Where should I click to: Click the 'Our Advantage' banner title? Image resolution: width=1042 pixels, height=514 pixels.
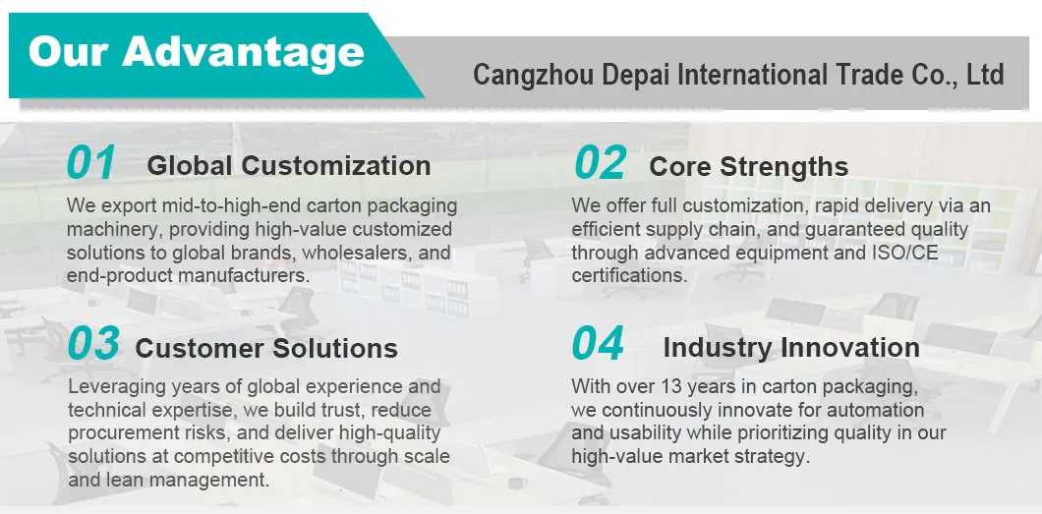point(197,51)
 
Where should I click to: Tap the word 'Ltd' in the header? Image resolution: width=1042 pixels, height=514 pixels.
point(985,75)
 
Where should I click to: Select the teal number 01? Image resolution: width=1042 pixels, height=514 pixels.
point(91,163)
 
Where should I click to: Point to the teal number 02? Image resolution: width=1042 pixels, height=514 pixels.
point(600,163)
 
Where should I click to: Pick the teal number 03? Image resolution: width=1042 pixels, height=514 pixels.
point(93,343)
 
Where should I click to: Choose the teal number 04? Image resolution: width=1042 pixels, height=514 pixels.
point(598,343)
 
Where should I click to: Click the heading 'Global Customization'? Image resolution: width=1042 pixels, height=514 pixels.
point(289,165)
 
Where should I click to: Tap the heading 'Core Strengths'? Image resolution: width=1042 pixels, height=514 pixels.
point(749,167)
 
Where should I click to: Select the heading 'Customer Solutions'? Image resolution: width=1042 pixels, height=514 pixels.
point(266,348)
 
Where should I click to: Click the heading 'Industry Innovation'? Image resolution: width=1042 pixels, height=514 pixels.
point(791,347)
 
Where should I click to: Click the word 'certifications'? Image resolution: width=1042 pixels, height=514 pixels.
point(629,275)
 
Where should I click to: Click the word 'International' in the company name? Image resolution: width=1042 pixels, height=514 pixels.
point(752,75)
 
